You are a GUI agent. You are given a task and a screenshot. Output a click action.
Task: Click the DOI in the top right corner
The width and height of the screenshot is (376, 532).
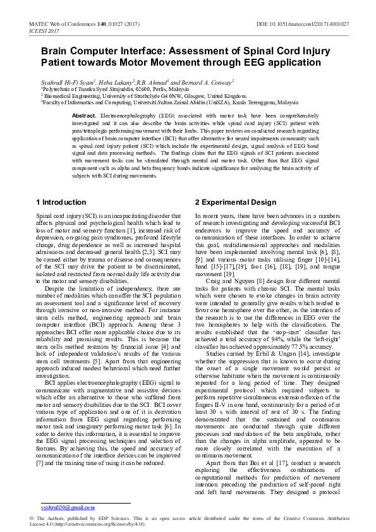point(303,23)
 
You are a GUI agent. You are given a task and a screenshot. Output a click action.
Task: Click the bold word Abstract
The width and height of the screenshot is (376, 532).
point(85,117)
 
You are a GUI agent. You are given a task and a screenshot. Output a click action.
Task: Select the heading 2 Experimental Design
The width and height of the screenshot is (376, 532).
point(235,202)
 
